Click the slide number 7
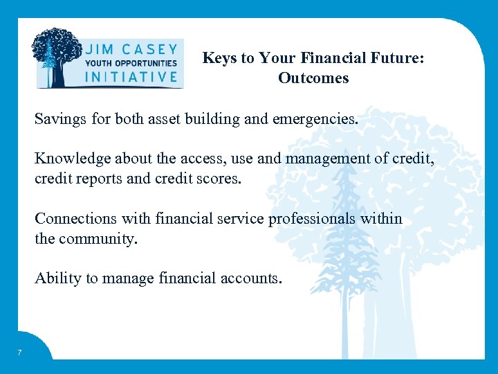pyautogui.click(x=19, y=353)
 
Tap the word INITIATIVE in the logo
pyautogui.click(x=131, y=76)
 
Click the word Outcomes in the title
pyautogui.click(x=313, y=78)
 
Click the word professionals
pyautogui.click(x=310, y=219)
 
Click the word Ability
pyautogui.click(x=58, y=278)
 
